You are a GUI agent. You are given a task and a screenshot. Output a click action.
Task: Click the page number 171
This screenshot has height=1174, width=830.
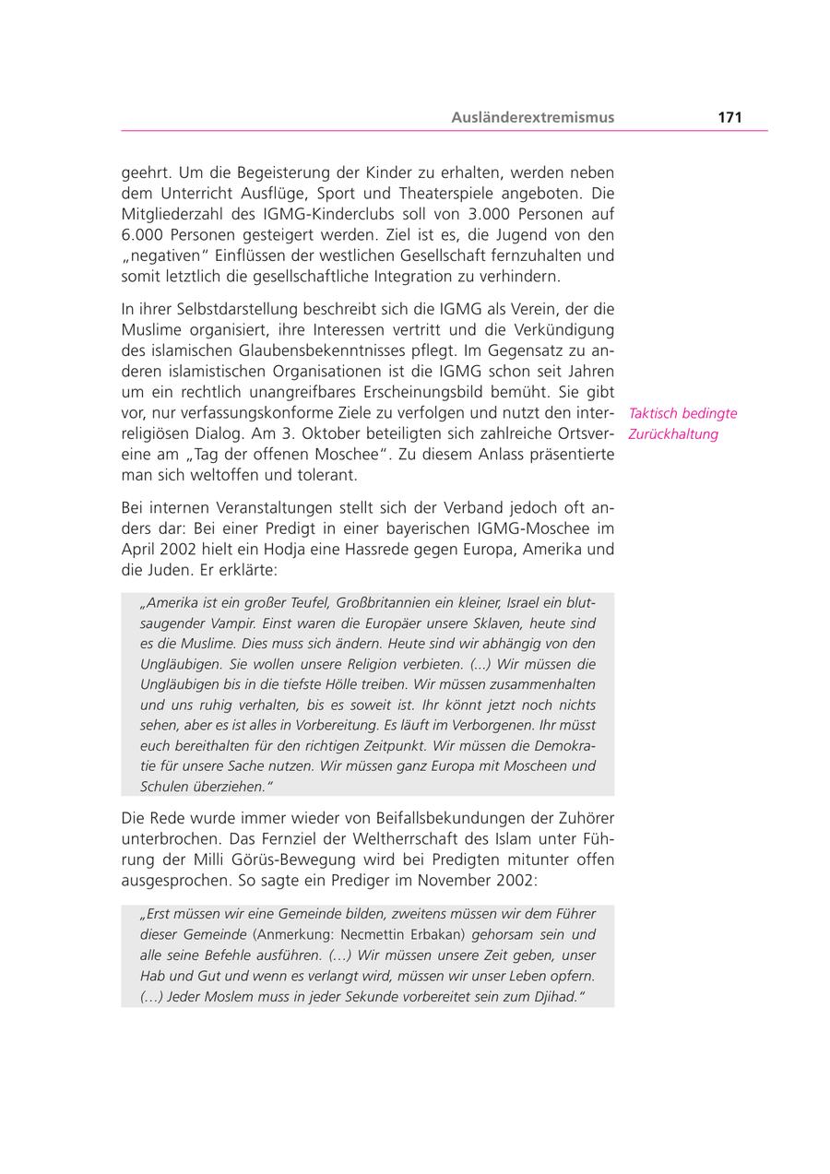coord(729,117)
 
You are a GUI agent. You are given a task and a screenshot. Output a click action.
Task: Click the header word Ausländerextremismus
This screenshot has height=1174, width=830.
coord(532,117)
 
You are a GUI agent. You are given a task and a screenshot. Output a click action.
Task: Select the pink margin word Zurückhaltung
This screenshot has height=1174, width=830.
coord(673,434)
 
